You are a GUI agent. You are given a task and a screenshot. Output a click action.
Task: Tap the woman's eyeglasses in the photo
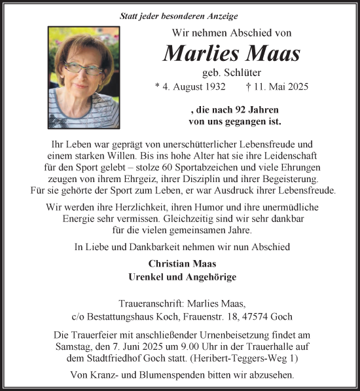click(81, 67)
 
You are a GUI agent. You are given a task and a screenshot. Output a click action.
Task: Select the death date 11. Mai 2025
click(288, 86)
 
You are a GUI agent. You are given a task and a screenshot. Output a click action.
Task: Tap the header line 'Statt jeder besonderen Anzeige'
click(179, 16)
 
